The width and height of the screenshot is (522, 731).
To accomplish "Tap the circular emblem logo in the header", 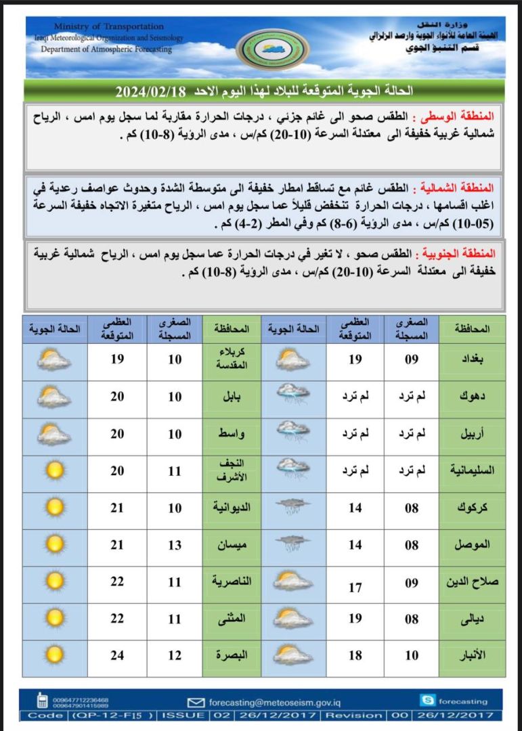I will click(272, 49).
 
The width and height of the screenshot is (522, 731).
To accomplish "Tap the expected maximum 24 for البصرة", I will click(118, 655).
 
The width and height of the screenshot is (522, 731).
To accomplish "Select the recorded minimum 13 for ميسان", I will click(175, 545).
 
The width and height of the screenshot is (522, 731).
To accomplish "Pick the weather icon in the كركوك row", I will click(293, 508).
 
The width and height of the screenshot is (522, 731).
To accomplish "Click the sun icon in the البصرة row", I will click(54, 655).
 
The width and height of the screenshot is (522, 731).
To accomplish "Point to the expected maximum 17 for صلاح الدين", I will click(355, 588).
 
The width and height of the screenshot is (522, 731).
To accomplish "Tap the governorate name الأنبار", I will click(471, 655).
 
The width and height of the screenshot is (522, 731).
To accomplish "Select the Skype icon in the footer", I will click(428, 701).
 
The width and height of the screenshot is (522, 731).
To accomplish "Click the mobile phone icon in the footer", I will click(42, 701).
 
